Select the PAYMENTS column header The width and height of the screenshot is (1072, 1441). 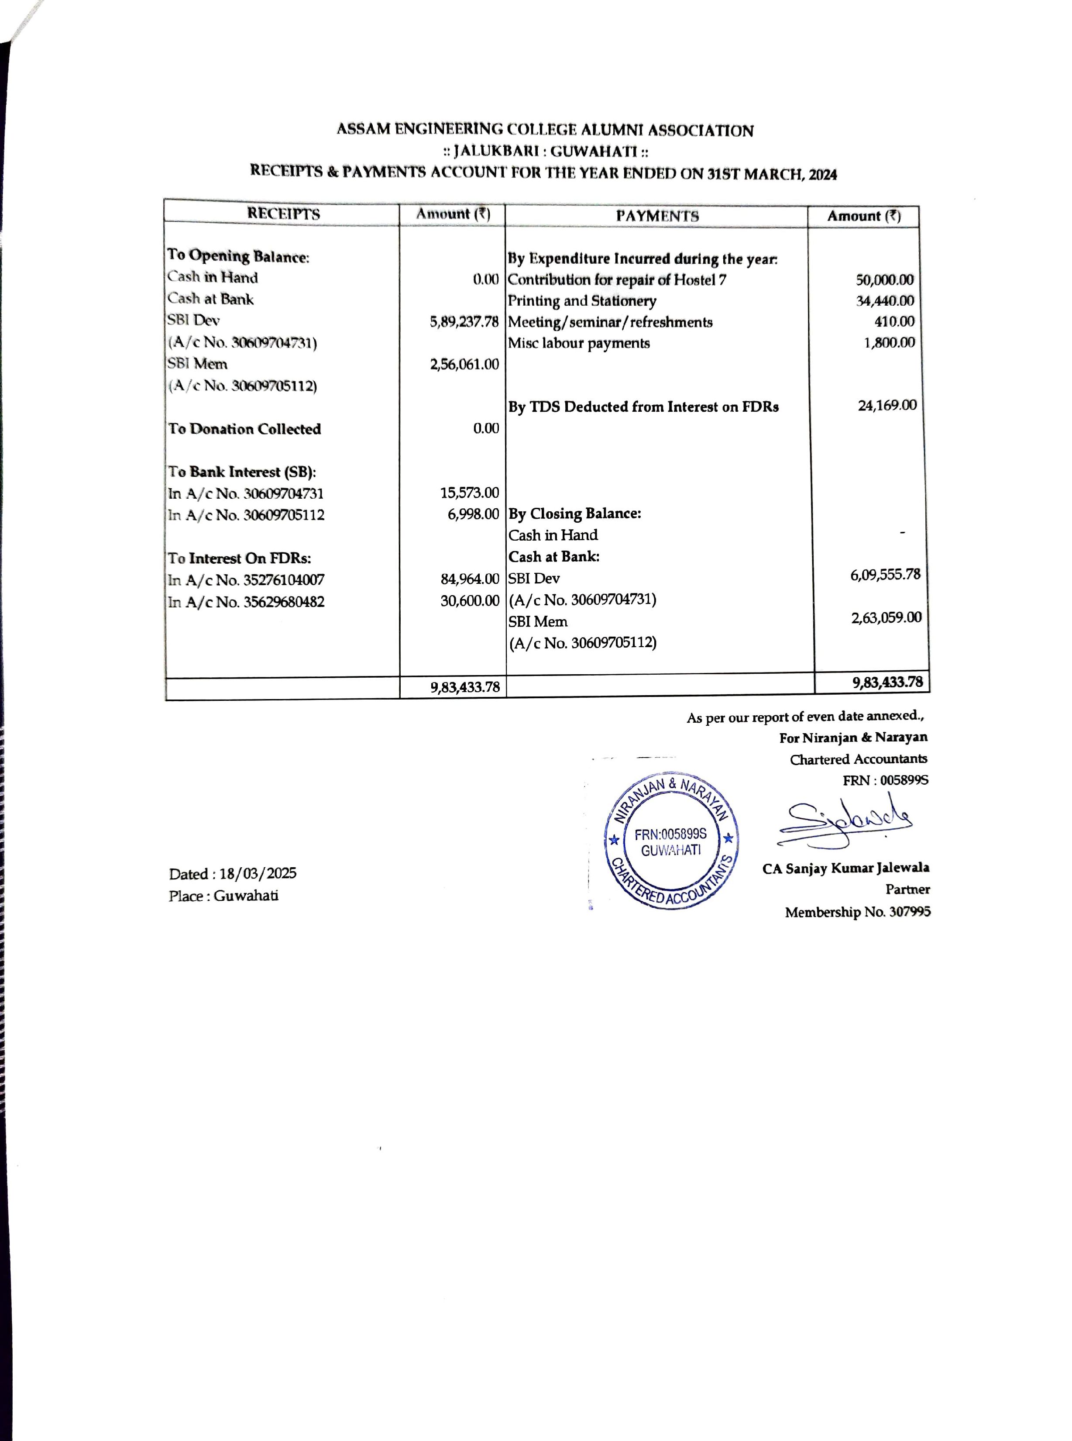pyautogui.click(x=657, y=216)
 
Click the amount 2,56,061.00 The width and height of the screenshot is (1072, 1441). pyautogui.click(x=464, y=364)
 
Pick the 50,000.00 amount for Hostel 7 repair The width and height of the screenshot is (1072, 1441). pyautogui.click(x=884, y=280)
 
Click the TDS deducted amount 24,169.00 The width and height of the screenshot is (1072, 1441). pyautogui.click(x=887, y=406)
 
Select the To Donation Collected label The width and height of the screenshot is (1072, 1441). pyautogui.click(x=244, y=429)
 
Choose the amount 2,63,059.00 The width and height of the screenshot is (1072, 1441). pyautogui.click(x=886, y=617)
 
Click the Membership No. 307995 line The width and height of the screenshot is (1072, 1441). pyautogui.click(x=857, y=913)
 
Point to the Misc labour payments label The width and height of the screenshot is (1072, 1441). pyautogui.click(x=578, y=343)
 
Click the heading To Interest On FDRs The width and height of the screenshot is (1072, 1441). pyautogui.click(x=240, y=558)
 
